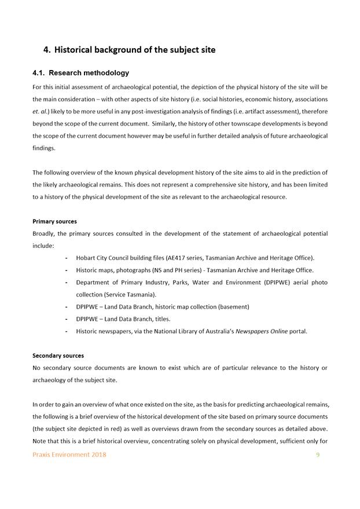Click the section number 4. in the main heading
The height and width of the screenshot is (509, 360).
coord(47,50)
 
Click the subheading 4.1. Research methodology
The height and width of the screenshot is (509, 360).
coord(80,73)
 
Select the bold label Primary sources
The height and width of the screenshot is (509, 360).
coord(54,221)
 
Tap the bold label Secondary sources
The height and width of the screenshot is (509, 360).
coord(58,356)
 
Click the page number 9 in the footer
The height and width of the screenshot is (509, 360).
coord(318,455)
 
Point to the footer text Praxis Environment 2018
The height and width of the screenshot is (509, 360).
coord(69,455)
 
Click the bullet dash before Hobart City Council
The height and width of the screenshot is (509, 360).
coord(67,258)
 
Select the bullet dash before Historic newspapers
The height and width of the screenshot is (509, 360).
coord(67,331)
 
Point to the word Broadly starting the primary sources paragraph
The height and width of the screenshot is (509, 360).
coord(44,233)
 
